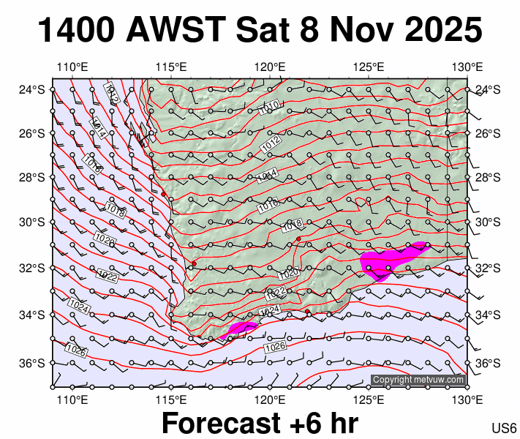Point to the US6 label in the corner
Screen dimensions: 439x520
tap(505, 428)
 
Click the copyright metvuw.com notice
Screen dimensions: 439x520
tap(418, 380)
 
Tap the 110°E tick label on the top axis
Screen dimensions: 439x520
tap(72, 67)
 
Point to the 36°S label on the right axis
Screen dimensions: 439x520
tap(486, 364)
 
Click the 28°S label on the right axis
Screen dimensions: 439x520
tap(486, 178)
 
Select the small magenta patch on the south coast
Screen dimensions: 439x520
tap(241, 327)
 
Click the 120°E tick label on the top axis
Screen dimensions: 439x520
tap(270, 67)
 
